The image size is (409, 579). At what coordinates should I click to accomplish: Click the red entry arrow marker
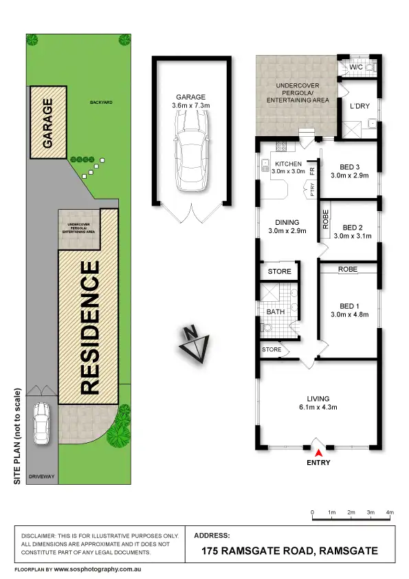coord(318,452)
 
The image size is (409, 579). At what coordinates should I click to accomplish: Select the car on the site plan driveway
coord(42,423)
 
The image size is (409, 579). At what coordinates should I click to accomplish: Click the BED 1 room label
coord(349,306)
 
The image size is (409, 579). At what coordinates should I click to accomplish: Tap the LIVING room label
coord(318,399)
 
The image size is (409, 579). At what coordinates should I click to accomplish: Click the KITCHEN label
coord(288,163)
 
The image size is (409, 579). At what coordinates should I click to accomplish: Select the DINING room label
coord(287,222)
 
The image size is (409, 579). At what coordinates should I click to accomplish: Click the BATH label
coord(275,312)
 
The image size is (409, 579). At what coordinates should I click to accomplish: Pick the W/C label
coord(355,67)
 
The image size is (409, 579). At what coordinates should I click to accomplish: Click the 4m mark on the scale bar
coord(390,512)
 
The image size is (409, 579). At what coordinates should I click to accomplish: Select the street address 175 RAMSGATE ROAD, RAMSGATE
coord(289,551)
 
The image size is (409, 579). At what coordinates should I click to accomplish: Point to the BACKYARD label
coord(101,102)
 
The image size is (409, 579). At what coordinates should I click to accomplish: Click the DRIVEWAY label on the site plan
coord(41,476)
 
